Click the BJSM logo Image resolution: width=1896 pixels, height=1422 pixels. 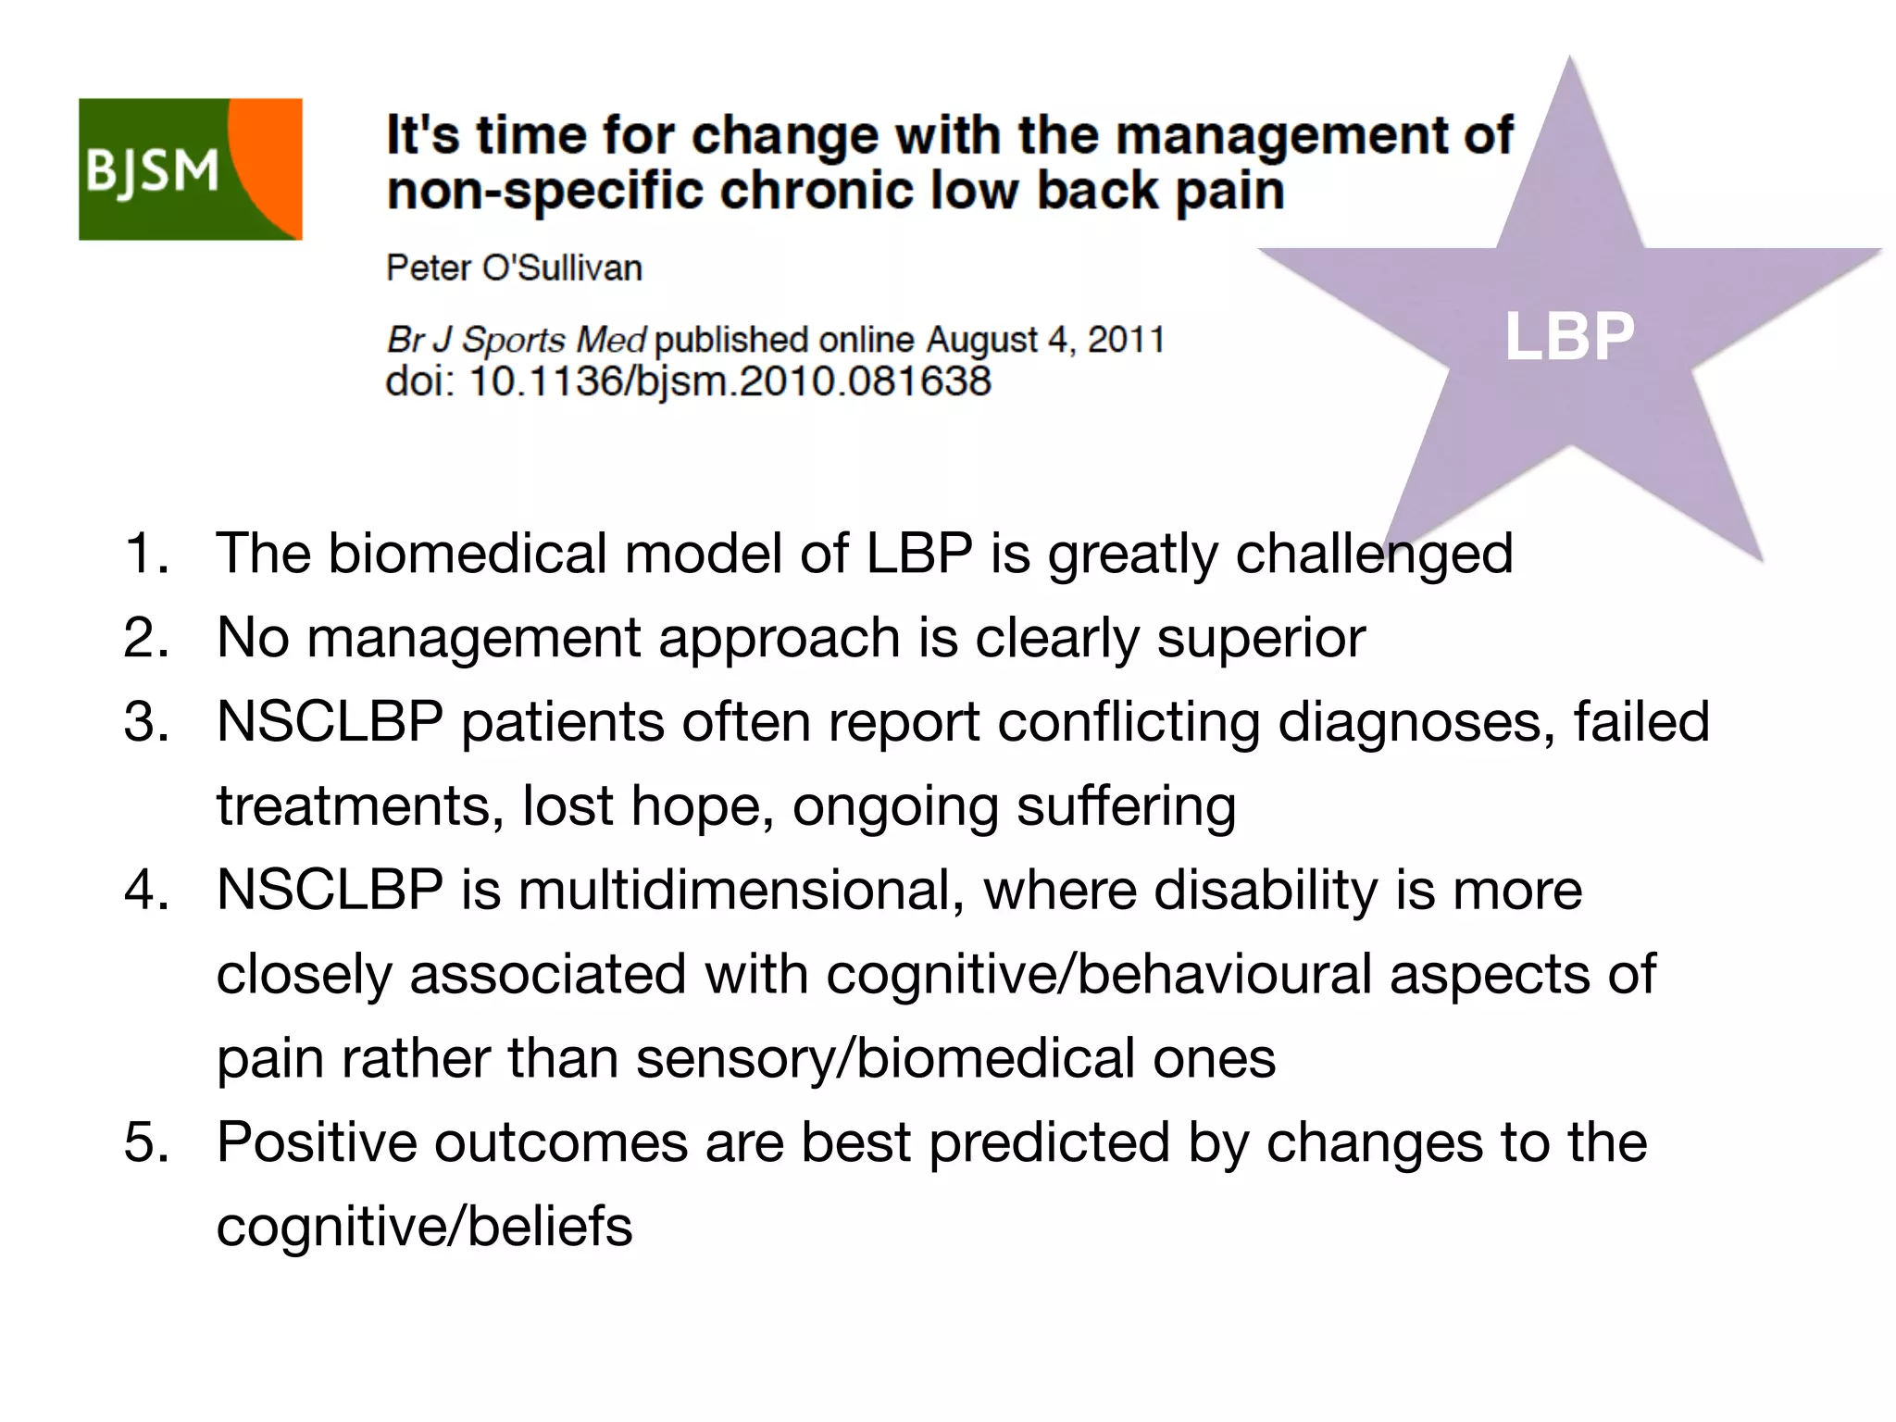pyautogui.click(x=190, y=169)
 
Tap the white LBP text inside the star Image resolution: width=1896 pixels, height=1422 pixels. pyautogui.click(x=1569, y=336)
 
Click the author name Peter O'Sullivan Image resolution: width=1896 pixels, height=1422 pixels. pyautogui.click(x=514, y=268)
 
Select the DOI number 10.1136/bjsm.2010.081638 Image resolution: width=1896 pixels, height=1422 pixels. pyautogui.click(x=730, y=381)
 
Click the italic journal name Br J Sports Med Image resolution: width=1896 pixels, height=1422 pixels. pyautogui.click(x=516, y=340)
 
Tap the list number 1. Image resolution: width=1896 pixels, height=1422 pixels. pyautogui.click(x=146, y=554)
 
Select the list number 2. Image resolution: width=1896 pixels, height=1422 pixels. pyautogui.click(x=146, y=638)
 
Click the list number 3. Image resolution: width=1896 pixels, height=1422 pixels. pyautogui.click(x=146, y=722)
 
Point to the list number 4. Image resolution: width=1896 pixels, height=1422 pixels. pyautogui.click(x=146, y=891)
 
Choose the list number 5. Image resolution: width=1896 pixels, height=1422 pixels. pyautogui.click(x=146, y=1142)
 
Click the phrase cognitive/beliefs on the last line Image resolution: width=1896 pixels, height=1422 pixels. pyautogui.click(x=424, y=1227)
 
